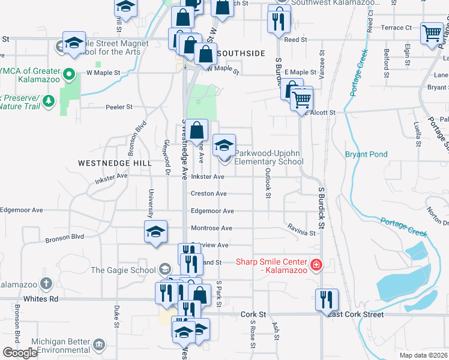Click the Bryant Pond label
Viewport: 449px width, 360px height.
(x=366, y=154)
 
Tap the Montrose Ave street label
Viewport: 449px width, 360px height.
(x=211, y=228)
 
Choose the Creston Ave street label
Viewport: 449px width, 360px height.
(x=208, y=194)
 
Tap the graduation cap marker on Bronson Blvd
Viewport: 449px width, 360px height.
(x=155, y=232)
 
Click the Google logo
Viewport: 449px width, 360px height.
(x=20, y=353)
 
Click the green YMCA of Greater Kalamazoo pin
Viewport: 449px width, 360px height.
(x=70, y=76)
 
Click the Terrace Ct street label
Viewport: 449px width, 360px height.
(x=396, y=28)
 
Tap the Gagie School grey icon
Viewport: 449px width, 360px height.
(x=165, y=270)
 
